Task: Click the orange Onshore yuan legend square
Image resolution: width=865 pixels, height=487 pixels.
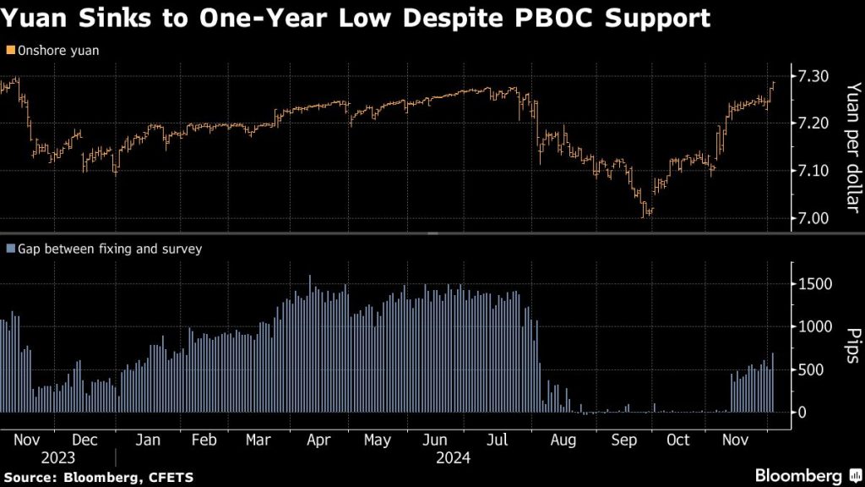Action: tap(9, 50)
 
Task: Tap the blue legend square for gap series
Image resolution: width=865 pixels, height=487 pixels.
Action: tap(9, 249)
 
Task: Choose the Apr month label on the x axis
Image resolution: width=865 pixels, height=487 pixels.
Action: tap(318, 440)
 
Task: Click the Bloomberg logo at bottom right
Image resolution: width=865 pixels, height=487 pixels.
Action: tap(798, 474)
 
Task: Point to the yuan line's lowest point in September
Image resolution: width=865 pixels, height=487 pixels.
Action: tap(647, 216)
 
